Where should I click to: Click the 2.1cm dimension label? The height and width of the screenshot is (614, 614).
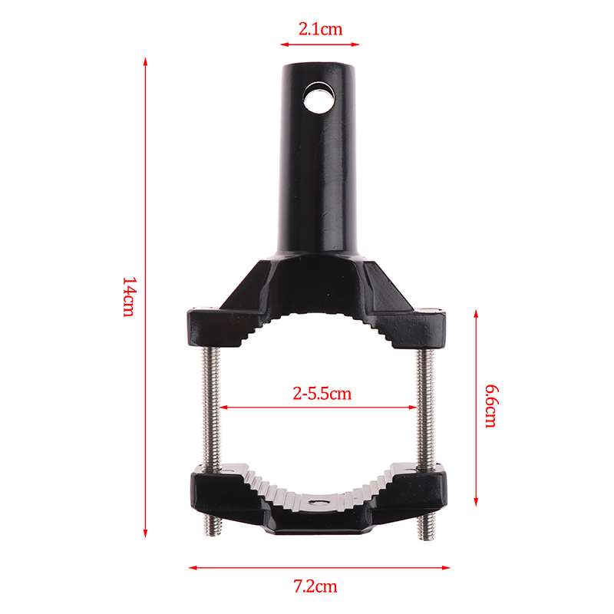[x=320, y=29]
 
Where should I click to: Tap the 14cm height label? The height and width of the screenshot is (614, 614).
[x=129, y=296]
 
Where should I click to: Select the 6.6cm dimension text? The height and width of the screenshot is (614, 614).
[x=491, y=406]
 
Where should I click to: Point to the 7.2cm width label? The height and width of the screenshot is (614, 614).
[x=315, y=586]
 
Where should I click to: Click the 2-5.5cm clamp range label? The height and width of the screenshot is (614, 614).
[x=322, y=394]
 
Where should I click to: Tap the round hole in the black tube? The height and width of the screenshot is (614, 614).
[x=319, y=97]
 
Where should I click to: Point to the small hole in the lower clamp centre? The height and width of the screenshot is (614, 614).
[x=322, y=501]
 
